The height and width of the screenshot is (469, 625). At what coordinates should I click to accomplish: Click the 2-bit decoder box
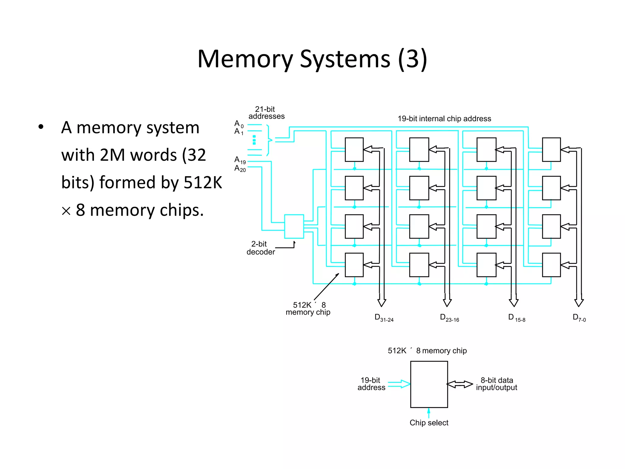[294, 226]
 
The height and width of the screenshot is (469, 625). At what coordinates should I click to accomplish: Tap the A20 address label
[240, 169]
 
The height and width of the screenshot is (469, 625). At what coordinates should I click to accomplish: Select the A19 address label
[240, 160]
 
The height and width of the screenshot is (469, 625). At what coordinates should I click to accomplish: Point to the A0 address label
[239, 124]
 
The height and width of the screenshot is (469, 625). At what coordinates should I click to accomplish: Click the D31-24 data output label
[384, 318]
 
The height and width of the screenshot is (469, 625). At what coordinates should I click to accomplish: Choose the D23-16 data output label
[449, 318]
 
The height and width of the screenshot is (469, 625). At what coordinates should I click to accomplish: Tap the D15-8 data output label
[516, 318]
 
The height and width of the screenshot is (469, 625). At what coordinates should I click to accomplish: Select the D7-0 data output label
[579, 318]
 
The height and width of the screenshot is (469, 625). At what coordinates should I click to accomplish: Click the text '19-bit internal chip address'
[444, 119]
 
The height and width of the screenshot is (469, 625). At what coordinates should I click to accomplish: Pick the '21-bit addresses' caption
[266, 113]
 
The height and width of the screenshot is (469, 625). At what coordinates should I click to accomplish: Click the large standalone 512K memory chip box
[429, 384]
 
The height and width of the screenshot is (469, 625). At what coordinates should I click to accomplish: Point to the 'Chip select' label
[429, 423]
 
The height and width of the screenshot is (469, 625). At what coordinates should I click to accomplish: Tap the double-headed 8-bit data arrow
[460, 384]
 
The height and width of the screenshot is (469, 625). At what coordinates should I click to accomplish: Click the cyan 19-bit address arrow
[399, 384]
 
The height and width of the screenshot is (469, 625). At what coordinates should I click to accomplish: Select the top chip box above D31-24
[354, 150]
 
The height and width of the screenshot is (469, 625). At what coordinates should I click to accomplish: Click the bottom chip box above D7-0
[551, 265]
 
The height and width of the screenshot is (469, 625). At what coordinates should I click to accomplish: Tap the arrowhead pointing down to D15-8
[514, 303]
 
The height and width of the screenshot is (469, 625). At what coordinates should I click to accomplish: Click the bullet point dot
[41, 127]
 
